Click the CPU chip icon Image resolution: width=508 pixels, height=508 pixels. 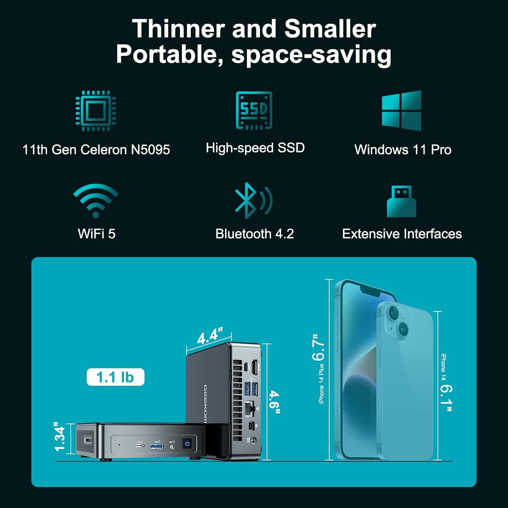coord(96,110)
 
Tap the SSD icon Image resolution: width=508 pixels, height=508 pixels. coord(254,110)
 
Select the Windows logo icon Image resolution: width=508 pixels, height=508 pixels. coord(402,110)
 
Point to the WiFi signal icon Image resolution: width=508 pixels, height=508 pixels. coord(96,200)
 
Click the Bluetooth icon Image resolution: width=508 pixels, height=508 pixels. coord(253,200)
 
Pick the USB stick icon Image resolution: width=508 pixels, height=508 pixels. coord(402,201)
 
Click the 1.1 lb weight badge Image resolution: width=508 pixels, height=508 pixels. coord(115,377)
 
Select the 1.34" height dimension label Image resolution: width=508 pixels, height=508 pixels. coord(60,437)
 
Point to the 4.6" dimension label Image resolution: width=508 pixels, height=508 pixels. coord(275,402)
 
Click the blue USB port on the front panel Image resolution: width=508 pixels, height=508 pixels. coord(157,447)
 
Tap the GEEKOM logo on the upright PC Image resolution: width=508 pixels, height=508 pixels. coord(205,404)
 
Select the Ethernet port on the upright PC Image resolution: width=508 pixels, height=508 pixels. coord(250,408)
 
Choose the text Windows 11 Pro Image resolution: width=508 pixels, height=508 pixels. coord(403,150)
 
